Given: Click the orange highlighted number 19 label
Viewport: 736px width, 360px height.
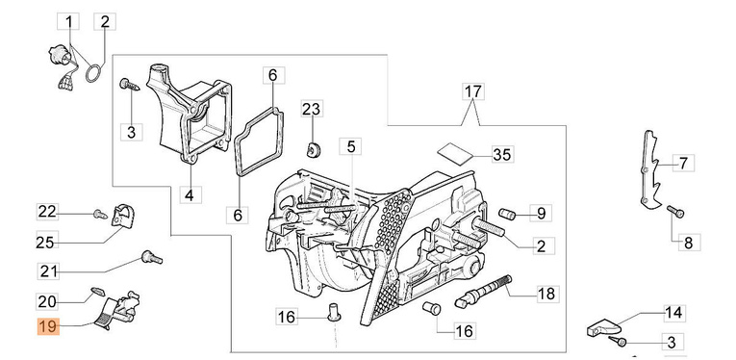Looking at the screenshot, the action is coord(48,326).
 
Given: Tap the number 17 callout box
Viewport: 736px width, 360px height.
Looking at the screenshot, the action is coord(473,91).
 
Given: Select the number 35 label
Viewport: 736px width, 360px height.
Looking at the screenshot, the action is coord(502,154).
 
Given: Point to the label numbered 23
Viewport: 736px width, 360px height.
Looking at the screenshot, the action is coord(311,109).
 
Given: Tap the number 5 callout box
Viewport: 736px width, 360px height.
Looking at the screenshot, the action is coord(351,147).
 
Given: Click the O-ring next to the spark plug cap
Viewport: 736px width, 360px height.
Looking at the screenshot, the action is coord(93,74).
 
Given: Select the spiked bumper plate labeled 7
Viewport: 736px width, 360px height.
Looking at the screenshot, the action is coord(650,169).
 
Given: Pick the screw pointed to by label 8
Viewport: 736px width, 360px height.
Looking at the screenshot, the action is coord(675,212).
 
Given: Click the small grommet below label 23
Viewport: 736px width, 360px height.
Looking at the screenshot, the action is coord(312,150).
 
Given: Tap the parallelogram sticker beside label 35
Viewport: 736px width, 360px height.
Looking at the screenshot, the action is coord(455,153).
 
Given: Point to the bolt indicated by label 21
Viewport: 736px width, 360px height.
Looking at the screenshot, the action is coord(152,257).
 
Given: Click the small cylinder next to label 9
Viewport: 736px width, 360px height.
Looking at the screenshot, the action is coord(507,213).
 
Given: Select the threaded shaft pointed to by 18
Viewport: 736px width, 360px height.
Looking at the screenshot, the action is coord(484,291).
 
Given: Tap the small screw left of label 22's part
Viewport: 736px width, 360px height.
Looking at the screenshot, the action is coord(100,215).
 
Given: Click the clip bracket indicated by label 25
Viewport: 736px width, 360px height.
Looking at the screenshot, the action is coord(123,216).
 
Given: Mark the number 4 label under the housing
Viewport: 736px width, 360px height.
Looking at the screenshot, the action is coord(190,194).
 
